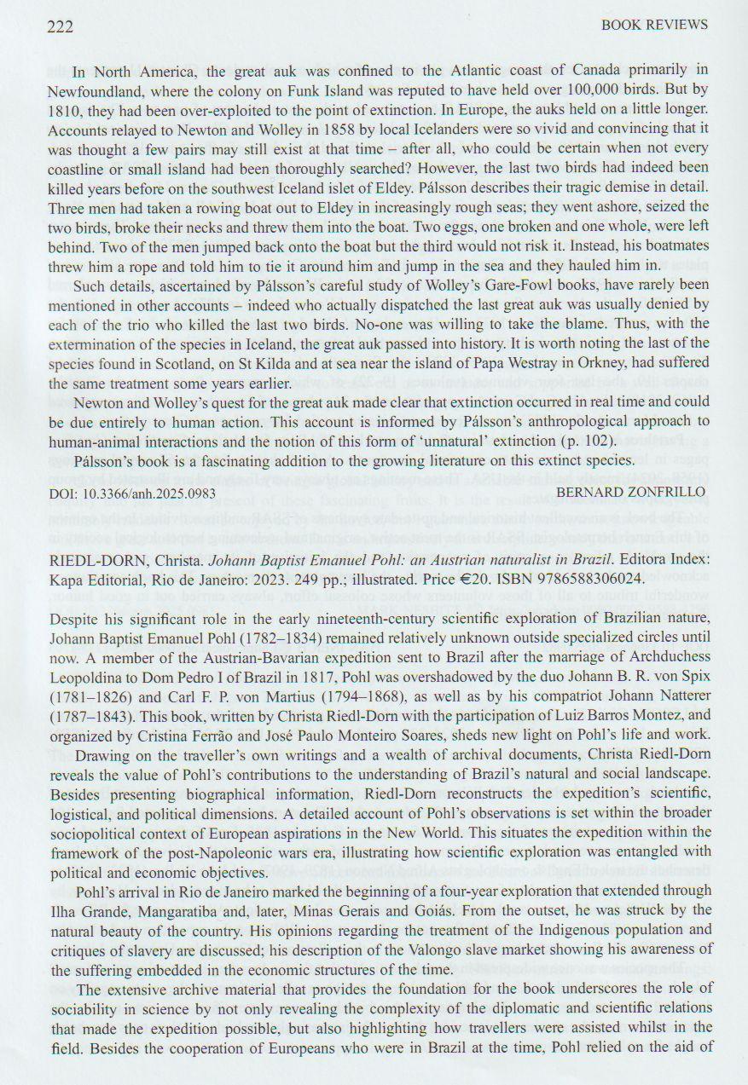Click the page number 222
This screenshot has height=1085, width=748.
[60, 26]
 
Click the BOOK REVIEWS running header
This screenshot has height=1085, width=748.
[654, 25]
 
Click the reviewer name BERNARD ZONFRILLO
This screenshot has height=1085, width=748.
[631, 492]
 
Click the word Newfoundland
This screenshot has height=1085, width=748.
[100, 89]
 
